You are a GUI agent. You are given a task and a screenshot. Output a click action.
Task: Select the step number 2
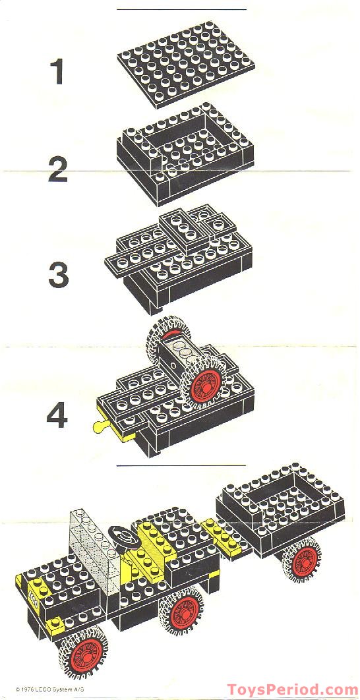pos(58,164)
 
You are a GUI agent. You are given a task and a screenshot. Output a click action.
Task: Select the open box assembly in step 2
pos(184,151)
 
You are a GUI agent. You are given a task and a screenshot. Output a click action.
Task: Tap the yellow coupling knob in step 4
pos(100,427)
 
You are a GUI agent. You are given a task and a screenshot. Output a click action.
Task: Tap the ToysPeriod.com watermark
pos(292,688)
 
